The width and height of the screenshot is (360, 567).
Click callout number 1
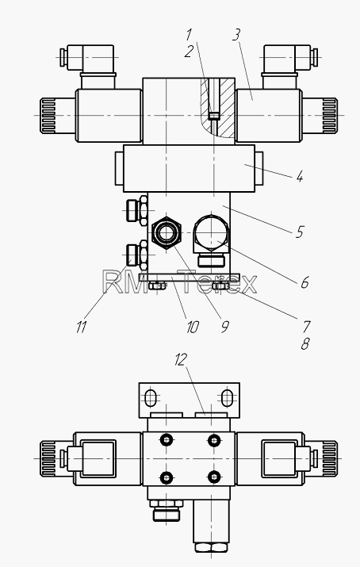189,35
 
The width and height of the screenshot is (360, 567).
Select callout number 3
236,35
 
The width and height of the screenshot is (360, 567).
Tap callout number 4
300,177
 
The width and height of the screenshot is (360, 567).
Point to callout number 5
300,232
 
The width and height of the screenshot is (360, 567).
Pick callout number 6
304,282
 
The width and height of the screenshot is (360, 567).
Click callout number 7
306,327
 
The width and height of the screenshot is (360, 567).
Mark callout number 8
305,344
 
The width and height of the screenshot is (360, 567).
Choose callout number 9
225,327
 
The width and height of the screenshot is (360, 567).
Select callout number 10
192,328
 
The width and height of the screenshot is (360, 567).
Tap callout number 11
82,327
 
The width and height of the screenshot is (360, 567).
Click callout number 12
181,360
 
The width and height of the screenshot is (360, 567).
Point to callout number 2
189,52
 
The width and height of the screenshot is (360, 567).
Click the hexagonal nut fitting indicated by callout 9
166,233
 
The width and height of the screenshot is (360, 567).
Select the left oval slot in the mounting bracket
151,398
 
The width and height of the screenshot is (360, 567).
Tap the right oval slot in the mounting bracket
227,398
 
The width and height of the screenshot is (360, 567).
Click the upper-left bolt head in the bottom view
167,440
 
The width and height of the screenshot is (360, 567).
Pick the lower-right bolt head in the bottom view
214,477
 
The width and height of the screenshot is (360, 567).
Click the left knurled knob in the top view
48,115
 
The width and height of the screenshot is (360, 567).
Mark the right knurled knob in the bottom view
329,458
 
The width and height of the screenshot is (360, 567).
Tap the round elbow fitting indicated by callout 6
211,233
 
